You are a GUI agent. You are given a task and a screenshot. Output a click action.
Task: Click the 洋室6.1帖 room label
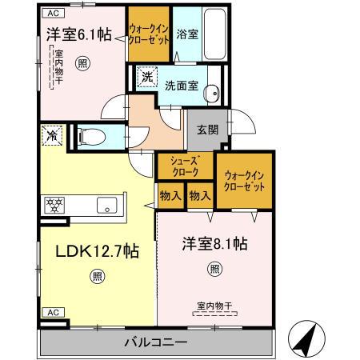pyautogui.click(x=78, y=34)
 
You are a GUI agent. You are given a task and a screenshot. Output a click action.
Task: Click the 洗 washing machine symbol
pyautogui.click(x=147, y=78)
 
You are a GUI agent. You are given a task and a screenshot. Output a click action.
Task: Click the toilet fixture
pyautogui.click(x=94, y=137)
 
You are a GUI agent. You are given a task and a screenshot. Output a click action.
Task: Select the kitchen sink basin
pyautogui.click(x=106, y=205)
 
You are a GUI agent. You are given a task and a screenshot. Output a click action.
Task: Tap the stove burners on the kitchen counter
pyautogui.click(x=54, y=205)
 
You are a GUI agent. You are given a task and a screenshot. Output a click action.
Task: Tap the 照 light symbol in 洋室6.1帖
pyautogui.click(x=82, y=64)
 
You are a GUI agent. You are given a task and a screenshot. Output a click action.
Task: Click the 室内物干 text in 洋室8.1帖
pyautogui.click(x=214, y=304)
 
